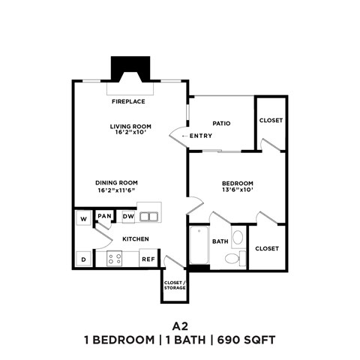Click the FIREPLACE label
[128, 101]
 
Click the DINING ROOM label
[116, 182]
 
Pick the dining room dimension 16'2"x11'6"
[116, 190]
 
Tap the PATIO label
[220, 123]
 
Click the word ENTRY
[200, 136]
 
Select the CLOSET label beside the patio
[270, 121]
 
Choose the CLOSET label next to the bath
[267, 248]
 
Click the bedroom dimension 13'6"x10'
[237, 190]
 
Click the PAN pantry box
[105, 217]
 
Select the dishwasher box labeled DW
[128, 217]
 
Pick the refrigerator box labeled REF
[148, 259]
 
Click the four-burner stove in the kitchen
[115, 259]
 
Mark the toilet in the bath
[233, 259]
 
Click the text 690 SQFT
[247, 340]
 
